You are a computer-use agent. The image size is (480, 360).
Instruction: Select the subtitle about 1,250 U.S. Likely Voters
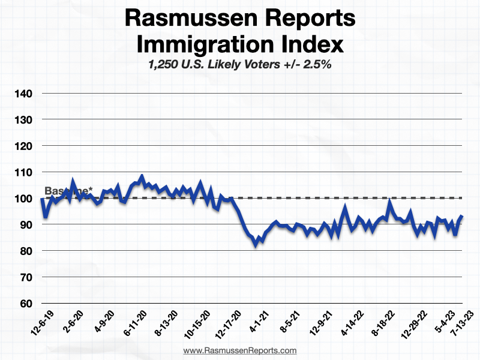[x=239, y=65]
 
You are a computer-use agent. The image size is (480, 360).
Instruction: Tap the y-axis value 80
[x=25, y=251]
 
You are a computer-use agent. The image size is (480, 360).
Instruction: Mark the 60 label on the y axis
[x=25, y=304]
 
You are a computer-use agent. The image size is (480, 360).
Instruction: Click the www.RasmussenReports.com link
[x=239, y=350]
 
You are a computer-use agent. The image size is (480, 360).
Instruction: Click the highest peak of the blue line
[x=142, y=176]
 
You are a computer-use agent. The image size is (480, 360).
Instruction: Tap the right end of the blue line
[x=461, y=216]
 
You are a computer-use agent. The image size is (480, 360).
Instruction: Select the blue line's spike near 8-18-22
[x=389, y=202]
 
